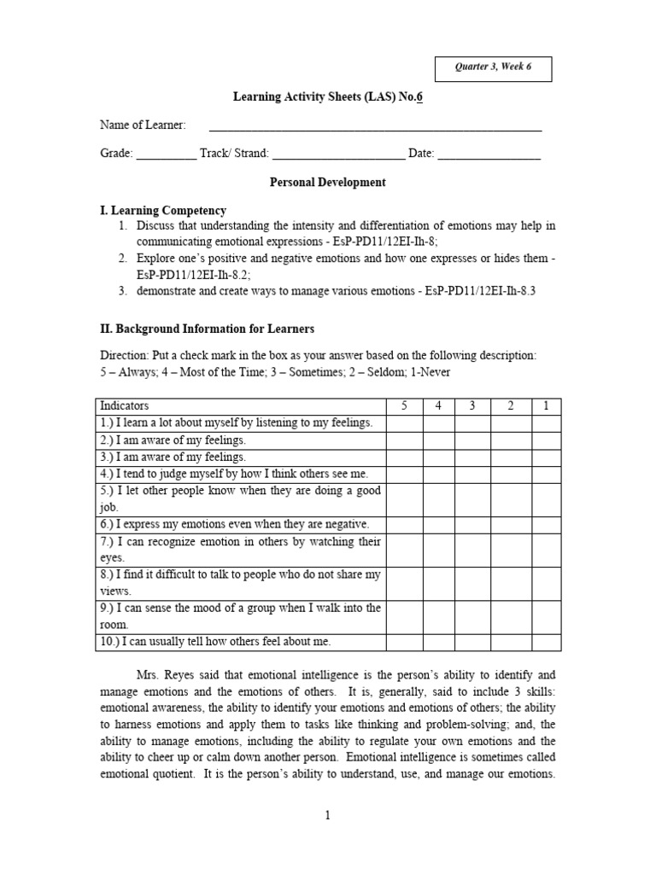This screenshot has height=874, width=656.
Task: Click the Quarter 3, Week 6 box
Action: (493, 68)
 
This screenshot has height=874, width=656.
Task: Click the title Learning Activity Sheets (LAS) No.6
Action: (328, 97)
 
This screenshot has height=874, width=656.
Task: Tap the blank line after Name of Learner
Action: (376, 127)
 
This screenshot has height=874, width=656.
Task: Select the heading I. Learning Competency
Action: (163, 211)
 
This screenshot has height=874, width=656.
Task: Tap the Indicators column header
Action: (125, 406)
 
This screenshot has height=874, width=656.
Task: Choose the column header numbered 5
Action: (403, 406)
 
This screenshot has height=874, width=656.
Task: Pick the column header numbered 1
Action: (546, 406)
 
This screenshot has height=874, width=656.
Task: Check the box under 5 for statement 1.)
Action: (403, 423)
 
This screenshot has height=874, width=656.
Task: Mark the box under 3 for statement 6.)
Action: (471, 524)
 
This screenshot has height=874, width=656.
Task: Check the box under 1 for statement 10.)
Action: (546, 642)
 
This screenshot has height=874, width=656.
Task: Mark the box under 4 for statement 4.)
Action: (437, 474)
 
